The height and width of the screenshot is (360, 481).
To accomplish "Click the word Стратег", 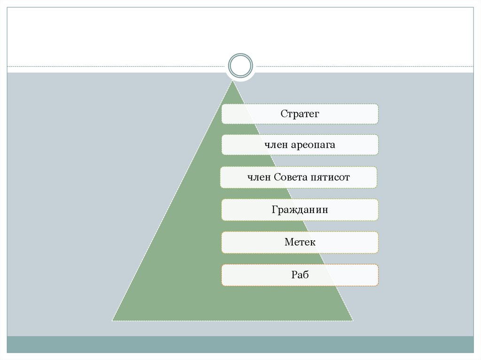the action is pos(300,114).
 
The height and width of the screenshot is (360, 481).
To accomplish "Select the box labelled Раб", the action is pos(300,275).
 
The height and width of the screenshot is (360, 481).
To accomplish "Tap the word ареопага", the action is pos(313,145).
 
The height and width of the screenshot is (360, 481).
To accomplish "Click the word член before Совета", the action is pos(259,177).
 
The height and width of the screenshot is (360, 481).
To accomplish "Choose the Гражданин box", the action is pos(300,210).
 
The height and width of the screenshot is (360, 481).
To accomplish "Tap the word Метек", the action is pos(300,242).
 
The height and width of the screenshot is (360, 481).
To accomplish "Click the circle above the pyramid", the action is pos(240,65).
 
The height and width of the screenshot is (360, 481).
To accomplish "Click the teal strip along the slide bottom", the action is pos(240,344).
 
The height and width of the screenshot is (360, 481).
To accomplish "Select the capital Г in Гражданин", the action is pos(274,210).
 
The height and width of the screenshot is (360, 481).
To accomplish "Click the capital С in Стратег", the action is pos(283,114).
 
